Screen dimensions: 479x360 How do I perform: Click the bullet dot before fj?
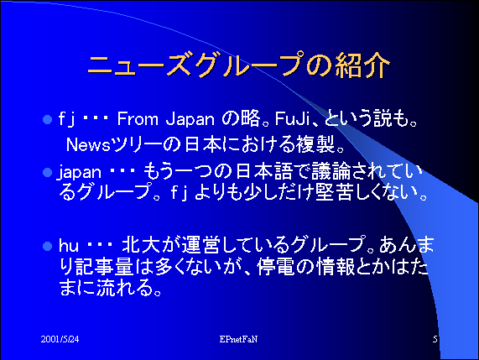(x=47, y=119)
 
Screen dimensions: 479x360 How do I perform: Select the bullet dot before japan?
(x=47, y=173)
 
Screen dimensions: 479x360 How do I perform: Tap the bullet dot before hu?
(x=47, y=247)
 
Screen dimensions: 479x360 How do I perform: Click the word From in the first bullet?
(x=138, y=119)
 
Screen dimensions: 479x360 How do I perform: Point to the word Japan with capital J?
(x=190, y=120)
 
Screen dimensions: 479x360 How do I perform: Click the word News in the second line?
(x=88, y=145)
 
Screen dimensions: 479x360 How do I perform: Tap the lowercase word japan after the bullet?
(x=80, y=173)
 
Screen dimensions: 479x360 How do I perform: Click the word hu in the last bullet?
(x=69, y=246)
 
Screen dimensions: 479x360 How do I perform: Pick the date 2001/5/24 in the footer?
(x=60, y=339)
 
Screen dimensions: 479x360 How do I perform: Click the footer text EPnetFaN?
(x=238, y=339)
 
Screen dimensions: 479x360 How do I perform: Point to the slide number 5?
(x=435, y=339)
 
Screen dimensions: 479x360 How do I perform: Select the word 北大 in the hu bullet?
(x=141, y=245)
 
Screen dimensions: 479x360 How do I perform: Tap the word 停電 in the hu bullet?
(x=275, y=267)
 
